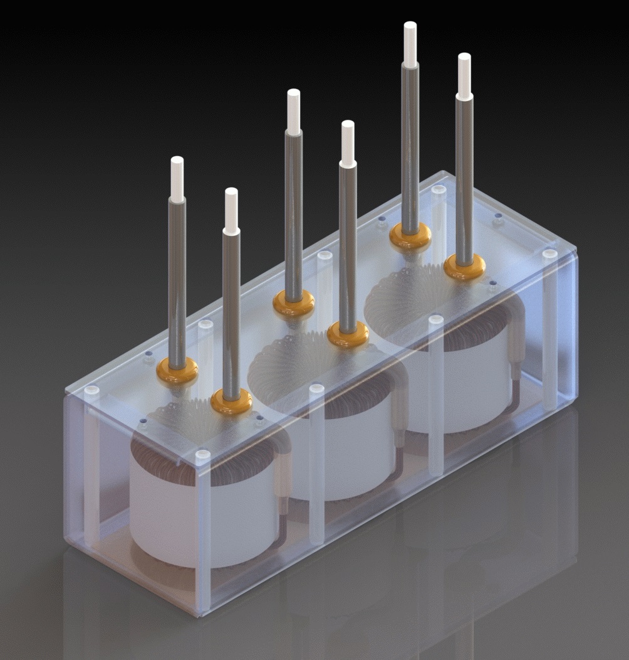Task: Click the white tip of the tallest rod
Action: click(x=410, y=44)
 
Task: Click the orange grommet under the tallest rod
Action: click(x=410, y=237)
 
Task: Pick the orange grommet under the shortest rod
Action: click(x=231, y=402)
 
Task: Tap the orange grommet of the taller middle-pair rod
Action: click(x=294, y=303)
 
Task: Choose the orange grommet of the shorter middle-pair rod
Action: click(x=348, y=334)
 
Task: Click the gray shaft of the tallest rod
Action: click(x=410, y=144)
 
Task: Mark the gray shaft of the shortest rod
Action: click(x=231, y=314)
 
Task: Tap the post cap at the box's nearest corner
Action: click(x=202, y=454)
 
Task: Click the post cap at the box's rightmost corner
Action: click(x=549, y=254)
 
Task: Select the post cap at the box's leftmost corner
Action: click(x=91, y=390)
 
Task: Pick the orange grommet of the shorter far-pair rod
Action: click(x=464, y=267)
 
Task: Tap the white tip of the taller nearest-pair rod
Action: click(x=177, y=179)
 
